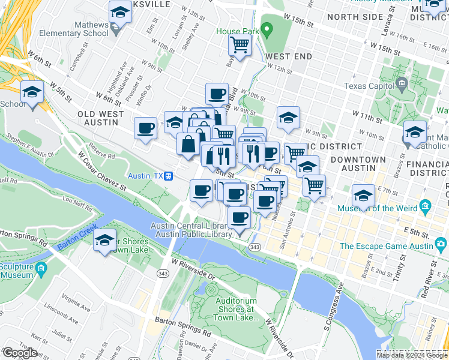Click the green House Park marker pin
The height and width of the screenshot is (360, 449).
pos(268,28)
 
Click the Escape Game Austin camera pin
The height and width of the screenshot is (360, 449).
pos(441,245)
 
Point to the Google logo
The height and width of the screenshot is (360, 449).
pos(20,353)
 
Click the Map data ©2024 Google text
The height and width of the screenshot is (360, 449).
pos(412,355)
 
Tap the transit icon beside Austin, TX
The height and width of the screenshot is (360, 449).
pos(170,176)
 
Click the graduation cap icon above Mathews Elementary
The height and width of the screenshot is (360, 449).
pos(120,11)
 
